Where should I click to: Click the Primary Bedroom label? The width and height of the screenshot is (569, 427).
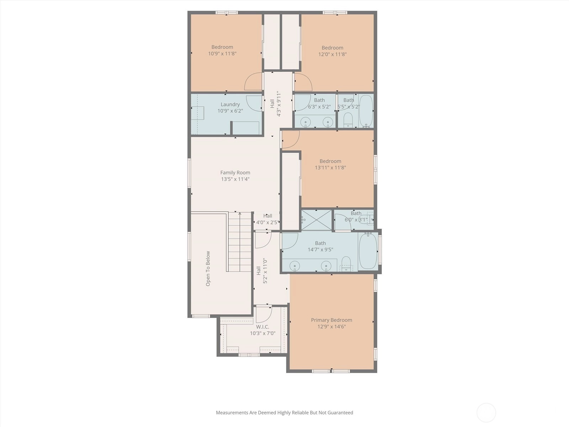331,320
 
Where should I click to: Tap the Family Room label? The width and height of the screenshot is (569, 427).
235,173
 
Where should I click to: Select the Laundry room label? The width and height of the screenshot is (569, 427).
230,105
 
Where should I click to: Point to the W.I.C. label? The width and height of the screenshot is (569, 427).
262,327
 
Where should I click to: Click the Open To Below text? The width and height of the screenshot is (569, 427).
208,269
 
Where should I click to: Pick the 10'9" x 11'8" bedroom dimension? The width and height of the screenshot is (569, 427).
222,54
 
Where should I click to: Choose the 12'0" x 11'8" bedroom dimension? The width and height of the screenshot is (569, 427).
333,54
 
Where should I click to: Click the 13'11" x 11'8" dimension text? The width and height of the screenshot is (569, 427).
330,168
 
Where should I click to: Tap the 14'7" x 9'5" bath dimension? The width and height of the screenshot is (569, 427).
320,250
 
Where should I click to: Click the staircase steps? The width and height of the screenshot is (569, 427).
240,242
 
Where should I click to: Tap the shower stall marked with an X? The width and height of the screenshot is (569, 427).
317,220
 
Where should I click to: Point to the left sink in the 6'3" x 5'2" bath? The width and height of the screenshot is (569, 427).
306,122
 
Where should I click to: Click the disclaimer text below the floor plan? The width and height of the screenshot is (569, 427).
284,412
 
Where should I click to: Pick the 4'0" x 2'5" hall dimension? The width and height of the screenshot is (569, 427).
267,222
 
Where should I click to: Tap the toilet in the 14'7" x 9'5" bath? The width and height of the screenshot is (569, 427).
346,264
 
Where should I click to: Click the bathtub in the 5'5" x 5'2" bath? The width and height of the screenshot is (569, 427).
366,111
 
